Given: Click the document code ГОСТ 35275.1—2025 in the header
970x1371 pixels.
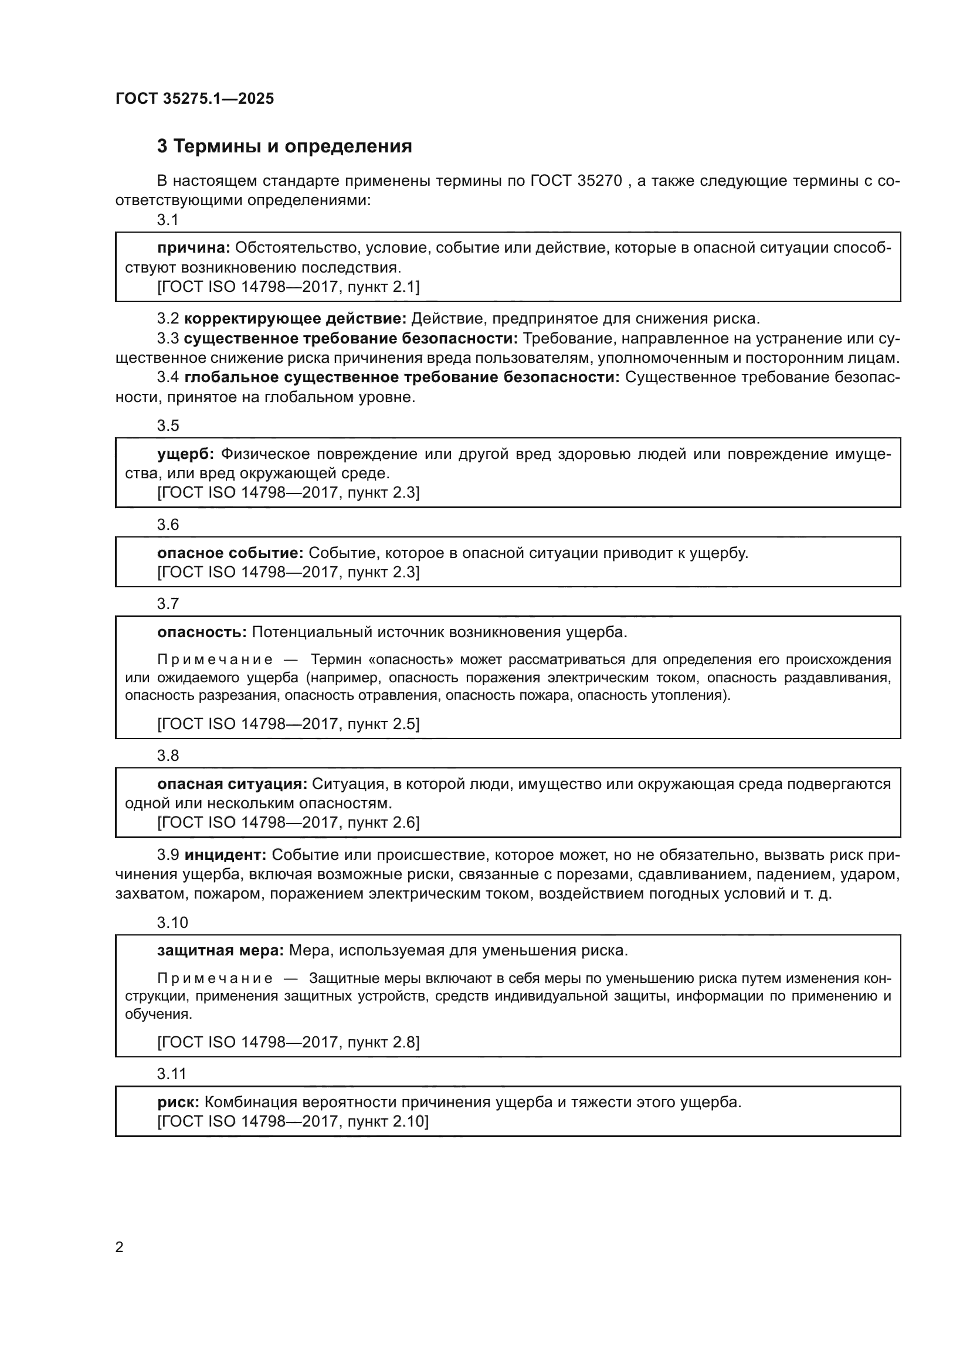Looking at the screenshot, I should pos(195,98).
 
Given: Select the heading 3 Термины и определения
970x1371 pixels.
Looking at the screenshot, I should pos(284,147).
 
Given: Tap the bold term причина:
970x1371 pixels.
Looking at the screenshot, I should pos(194,248).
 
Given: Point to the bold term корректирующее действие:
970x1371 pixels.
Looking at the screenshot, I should pos(295,318).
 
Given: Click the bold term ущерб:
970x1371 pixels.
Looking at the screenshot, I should pos(186,454).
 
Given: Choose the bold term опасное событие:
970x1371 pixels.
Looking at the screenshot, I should pos(230,553).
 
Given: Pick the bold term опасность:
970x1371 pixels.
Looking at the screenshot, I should pos(202,632).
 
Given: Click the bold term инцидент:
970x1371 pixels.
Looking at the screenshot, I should pos(225,855).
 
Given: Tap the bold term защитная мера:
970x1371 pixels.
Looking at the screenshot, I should pos(221,951).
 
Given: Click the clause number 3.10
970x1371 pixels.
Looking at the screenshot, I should pos(172,923).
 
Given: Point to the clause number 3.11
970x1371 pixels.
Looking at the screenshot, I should pos(172,1074).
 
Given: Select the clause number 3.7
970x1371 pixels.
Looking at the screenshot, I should pos(168,604).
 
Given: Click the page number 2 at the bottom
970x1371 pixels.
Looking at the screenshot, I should pos(120,1247).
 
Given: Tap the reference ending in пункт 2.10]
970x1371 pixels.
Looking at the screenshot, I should pos(293,1121).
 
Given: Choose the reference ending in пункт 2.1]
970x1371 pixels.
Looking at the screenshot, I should pos(289,287).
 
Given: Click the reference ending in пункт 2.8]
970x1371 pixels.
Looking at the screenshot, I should pos(289,1042).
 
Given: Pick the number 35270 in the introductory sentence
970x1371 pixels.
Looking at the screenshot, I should pos(600,181).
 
